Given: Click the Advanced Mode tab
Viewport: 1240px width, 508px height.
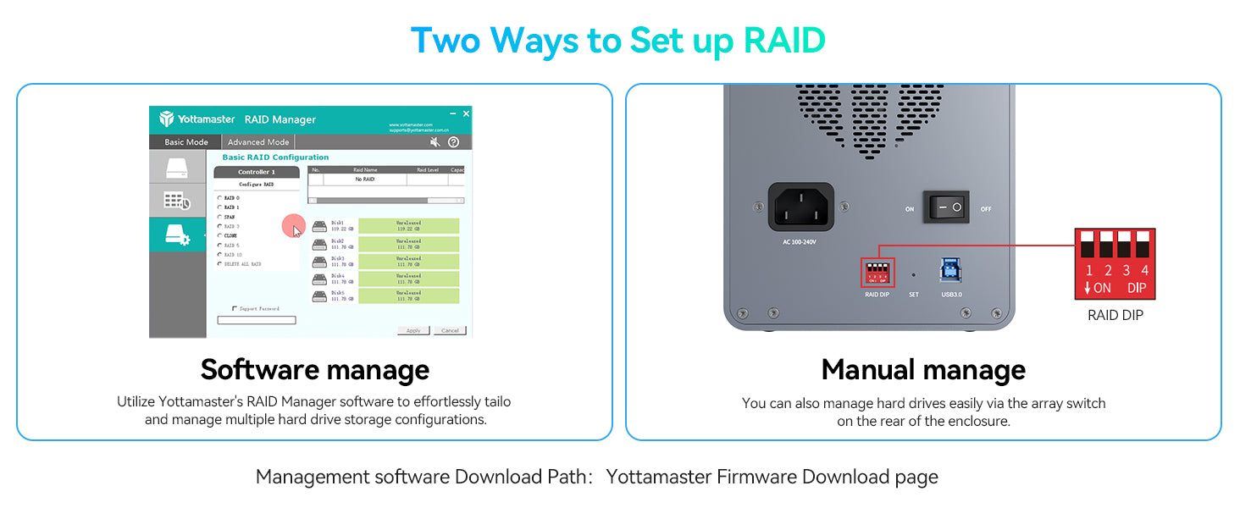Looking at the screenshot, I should (x=258, y=142).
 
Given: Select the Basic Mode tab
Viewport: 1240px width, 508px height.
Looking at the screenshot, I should (x=185, y=142).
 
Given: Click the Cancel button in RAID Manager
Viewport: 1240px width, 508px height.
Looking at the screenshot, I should (x=450, y=330).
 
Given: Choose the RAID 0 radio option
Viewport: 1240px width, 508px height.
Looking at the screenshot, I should (x=220, y=198).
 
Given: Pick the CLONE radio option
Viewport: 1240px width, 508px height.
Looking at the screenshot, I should (x=220, y=235).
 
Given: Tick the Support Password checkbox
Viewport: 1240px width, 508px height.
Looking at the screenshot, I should (x=235, y=309).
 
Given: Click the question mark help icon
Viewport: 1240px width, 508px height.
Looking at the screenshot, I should (x=454, y=142).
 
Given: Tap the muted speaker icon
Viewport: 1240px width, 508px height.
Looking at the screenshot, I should (x=435, y=142).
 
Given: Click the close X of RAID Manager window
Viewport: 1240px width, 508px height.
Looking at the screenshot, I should (x=466, y=113).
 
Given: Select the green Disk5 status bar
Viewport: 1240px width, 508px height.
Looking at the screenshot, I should (x=408, y=296).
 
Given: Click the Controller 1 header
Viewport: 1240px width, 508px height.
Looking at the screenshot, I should (x=257, y=172).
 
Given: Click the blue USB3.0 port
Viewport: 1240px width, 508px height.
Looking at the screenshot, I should (x=949, y=270).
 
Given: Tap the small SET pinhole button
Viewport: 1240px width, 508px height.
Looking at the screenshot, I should (x=913, y=274).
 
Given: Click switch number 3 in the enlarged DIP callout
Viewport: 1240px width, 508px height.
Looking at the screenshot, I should (x=1125, y=245).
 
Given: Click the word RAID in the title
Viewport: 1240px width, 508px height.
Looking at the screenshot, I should (x=783, y=40).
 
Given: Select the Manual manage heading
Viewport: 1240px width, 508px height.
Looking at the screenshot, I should (x=923, y=370).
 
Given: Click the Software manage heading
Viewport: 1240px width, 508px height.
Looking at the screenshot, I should (x=314, y=370).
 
